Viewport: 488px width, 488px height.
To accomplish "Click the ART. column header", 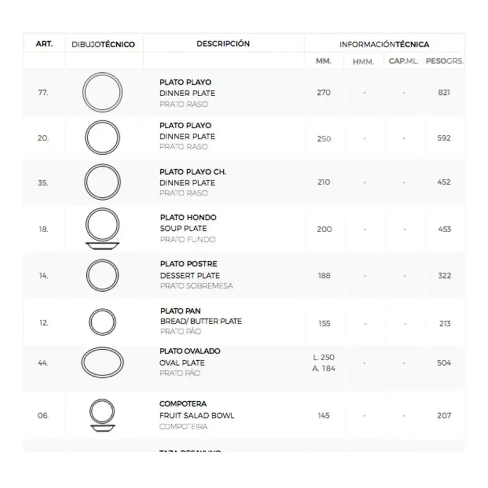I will point(44,44).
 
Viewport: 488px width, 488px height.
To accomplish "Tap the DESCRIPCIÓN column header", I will point(223,44).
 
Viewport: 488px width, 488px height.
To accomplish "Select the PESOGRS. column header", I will point(444,62).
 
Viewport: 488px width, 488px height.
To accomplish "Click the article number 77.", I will point(43,93).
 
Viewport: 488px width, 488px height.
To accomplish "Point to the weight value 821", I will point(444,93).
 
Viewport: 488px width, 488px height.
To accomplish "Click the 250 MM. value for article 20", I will point(324,139).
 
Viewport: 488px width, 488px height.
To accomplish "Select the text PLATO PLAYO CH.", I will point(193,172).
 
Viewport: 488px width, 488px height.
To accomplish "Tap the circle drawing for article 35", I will point(102,182).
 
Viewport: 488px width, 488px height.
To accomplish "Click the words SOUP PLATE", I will point(183,228).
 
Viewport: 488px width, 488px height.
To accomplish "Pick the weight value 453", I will point(445,229).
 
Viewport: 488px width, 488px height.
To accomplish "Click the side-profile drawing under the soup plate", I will point(102,245).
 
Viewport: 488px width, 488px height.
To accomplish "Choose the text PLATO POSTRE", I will point(188,264).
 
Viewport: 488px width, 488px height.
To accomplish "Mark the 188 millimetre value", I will point(324,276).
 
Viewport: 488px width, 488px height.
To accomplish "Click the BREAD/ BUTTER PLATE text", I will point(201,321).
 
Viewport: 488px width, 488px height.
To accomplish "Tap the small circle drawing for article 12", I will point(102,323).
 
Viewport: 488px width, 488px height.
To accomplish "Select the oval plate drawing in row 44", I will point(102,363).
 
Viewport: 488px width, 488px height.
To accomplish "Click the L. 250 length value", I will point(324,358).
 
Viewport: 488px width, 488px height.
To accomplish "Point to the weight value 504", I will point(444,363).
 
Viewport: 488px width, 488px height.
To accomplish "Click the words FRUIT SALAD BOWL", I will point(197,416).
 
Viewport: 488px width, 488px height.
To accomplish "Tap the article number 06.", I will point(43,416).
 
